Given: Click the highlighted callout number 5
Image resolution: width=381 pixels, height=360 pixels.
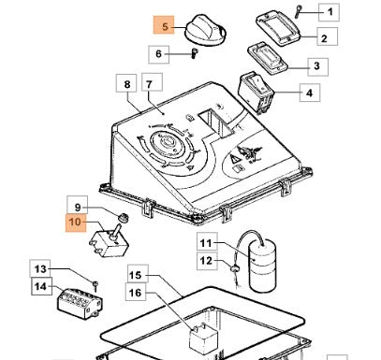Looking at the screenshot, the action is (x=164, y=25).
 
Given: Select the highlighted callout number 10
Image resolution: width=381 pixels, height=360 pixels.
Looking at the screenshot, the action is (x=76, y=223).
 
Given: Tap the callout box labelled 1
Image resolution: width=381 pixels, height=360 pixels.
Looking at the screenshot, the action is (x=329, y=12).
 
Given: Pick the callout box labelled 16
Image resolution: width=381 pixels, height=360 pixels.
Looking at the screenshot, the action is (x=136, y=292).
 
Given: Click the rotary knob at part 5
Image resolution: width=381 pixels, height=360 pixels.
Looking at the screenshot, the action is (x=205, y=31).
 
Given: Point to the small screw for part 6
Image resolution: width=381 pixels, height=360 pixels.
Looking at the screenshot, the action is (x=194, y=53).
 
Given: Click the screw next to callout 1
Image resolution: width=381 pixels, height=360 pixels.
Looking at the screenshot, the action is (x=298, y=12).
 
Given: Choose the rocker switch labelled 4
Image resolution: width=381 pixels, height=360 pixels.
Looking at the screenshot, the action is (x=256, y=93).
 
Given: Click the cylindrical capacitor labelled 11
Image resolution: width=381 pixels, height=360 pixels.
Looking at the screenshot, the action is (x=263, y=266).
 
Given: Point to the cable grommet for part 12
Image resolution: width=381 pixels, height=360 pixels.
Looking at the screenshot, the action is (x=234, y=267).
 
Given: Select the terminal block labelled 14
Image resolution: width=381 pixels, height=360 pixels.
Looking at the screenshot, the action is (x=80, y=303).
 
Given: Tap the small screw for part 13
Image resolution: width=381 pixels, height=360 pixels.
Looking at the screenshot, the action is (x=95, y=286).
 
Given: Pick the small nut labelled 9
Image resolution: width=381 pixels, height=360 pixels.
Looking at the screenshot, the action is (x=125, y=217).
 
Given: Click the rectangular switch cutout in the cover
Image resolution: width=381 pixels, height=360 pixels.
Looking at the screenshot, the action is (x=217, y=123).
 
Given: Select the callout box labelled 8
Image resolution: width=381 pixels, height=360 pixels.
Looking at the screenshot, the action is (x=126, y=83).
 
